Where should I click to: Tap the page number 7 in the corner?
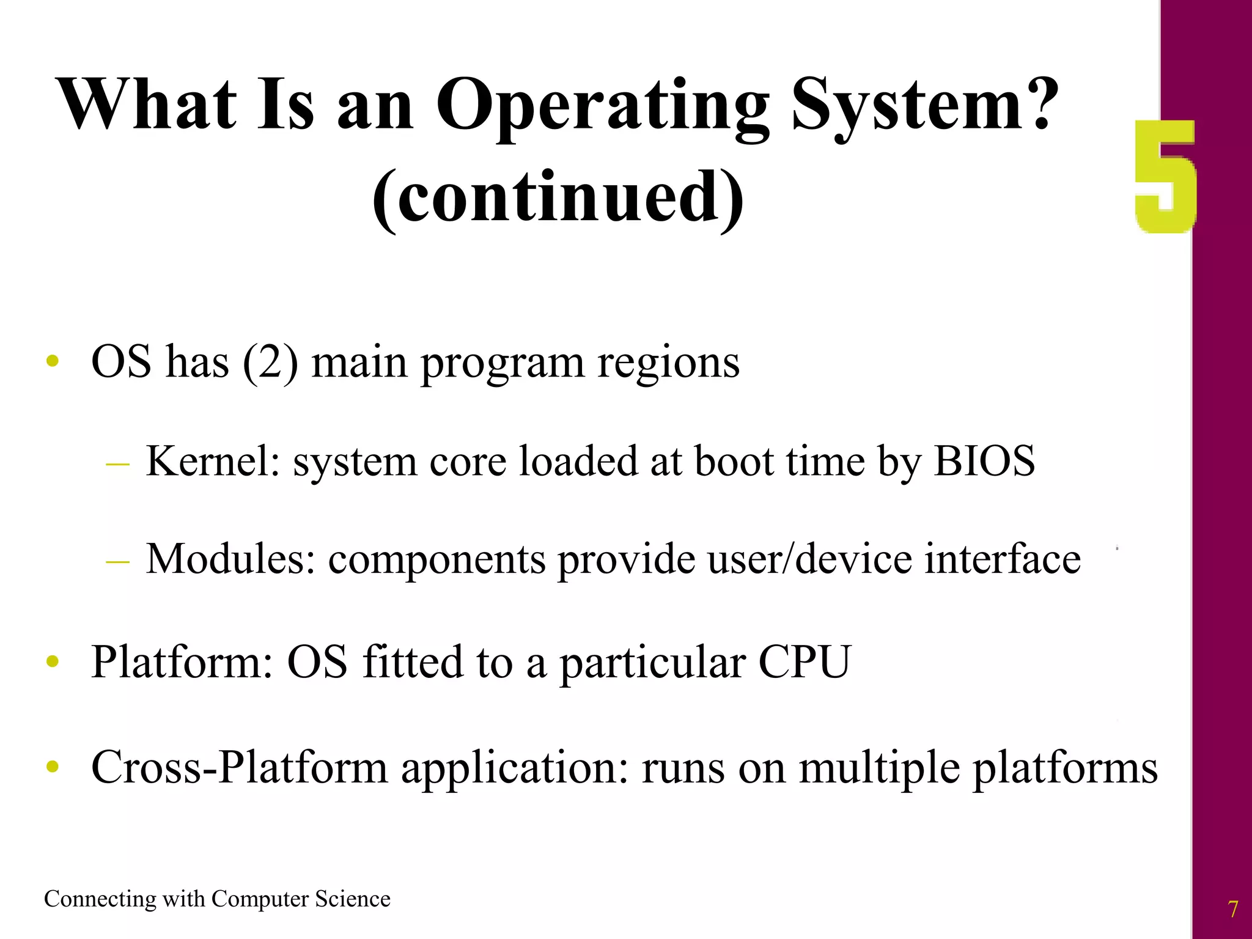pyautogui.click(x=1233, y=909)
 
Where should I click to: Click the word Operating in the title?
pyautogui.click(x=602, y=105)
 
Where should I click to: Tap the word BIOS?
pyautogui.click(x=984, y=461)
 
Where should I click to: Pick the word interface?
pyautogui.click(x=1002, y=559)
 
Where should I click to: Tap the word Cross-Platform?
pyautogui.click(x=239, y=767)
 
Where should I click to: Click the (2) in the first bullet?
pyautogui.click(x=270, y=362)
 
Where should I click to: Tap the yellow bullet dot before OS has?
pyautogui.click(x=53, y=361)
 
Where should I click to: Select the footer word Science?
pyautogui.click(x=353, y=899)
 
